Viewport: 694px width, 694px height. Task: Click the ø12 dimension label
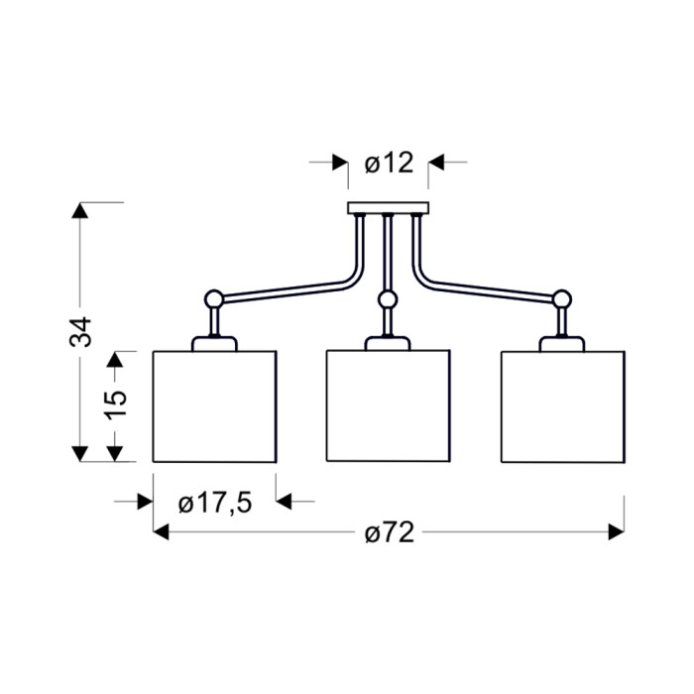389,163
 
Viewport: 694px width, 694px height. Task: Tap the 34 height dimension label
81,331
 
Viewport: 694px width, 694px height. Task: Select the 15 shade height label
116,405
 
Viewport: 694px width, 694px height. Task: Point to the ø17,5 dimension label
215,504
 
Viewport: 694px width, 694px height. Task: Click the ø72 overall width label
390,532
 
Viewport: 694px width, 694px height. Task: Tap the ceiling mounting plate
389,208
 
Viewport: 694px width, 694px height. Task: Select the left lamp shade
215,406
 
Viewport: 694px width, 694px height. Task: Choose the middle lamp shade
389,405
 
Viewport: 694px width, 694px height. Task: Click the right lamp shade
563,407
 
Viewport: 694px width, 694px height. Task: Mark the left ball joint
214,299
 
